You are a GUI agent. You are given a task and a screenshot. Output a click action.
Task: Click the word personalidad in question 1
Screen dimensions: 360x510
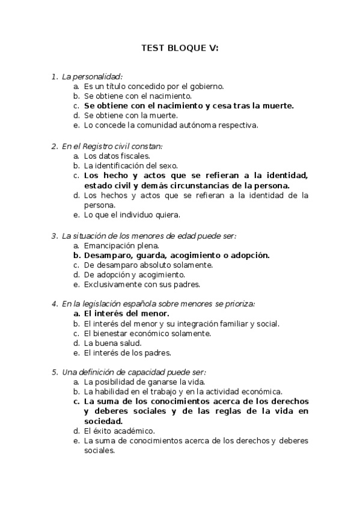[97, 76]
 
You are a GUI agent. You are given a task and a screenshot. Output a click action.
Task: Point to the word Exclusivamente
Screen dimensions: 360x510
[112, 284]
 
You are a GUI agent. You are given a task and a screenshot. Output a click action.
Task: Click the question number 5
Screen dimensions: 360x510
[54, 372]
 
